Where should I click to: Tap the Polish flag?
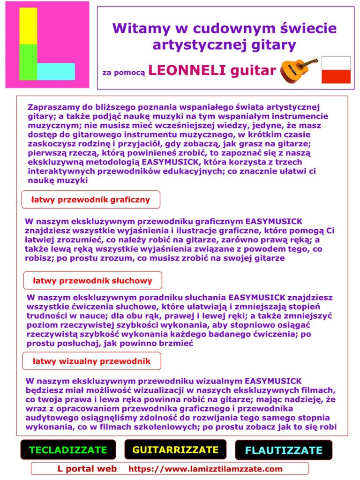[x=336, y=70]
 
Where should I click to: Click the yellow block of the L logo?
[x=28, y=26]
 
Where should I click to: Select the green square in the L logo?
[x=28, y=62]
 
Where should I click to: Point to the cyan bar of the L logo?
[x=56, y=71]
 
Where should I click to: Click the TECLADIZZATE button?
[x=68, y=450]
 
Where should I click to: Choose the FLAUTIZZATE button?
[x=284, y=450]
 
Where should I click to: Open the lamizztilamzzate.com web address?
[x=205, y=469]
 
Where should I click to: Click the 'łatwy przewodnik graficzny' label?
[x=90, y=200]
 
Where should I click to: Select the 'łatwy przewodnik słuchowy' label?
[x=92, y=281]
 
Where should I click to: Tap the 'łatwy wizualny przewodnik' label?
[x=91, y=361]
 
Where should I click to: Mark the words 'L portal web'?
[x=87, y=469]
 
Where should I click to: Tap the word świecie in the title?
[x=312, y=29]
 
